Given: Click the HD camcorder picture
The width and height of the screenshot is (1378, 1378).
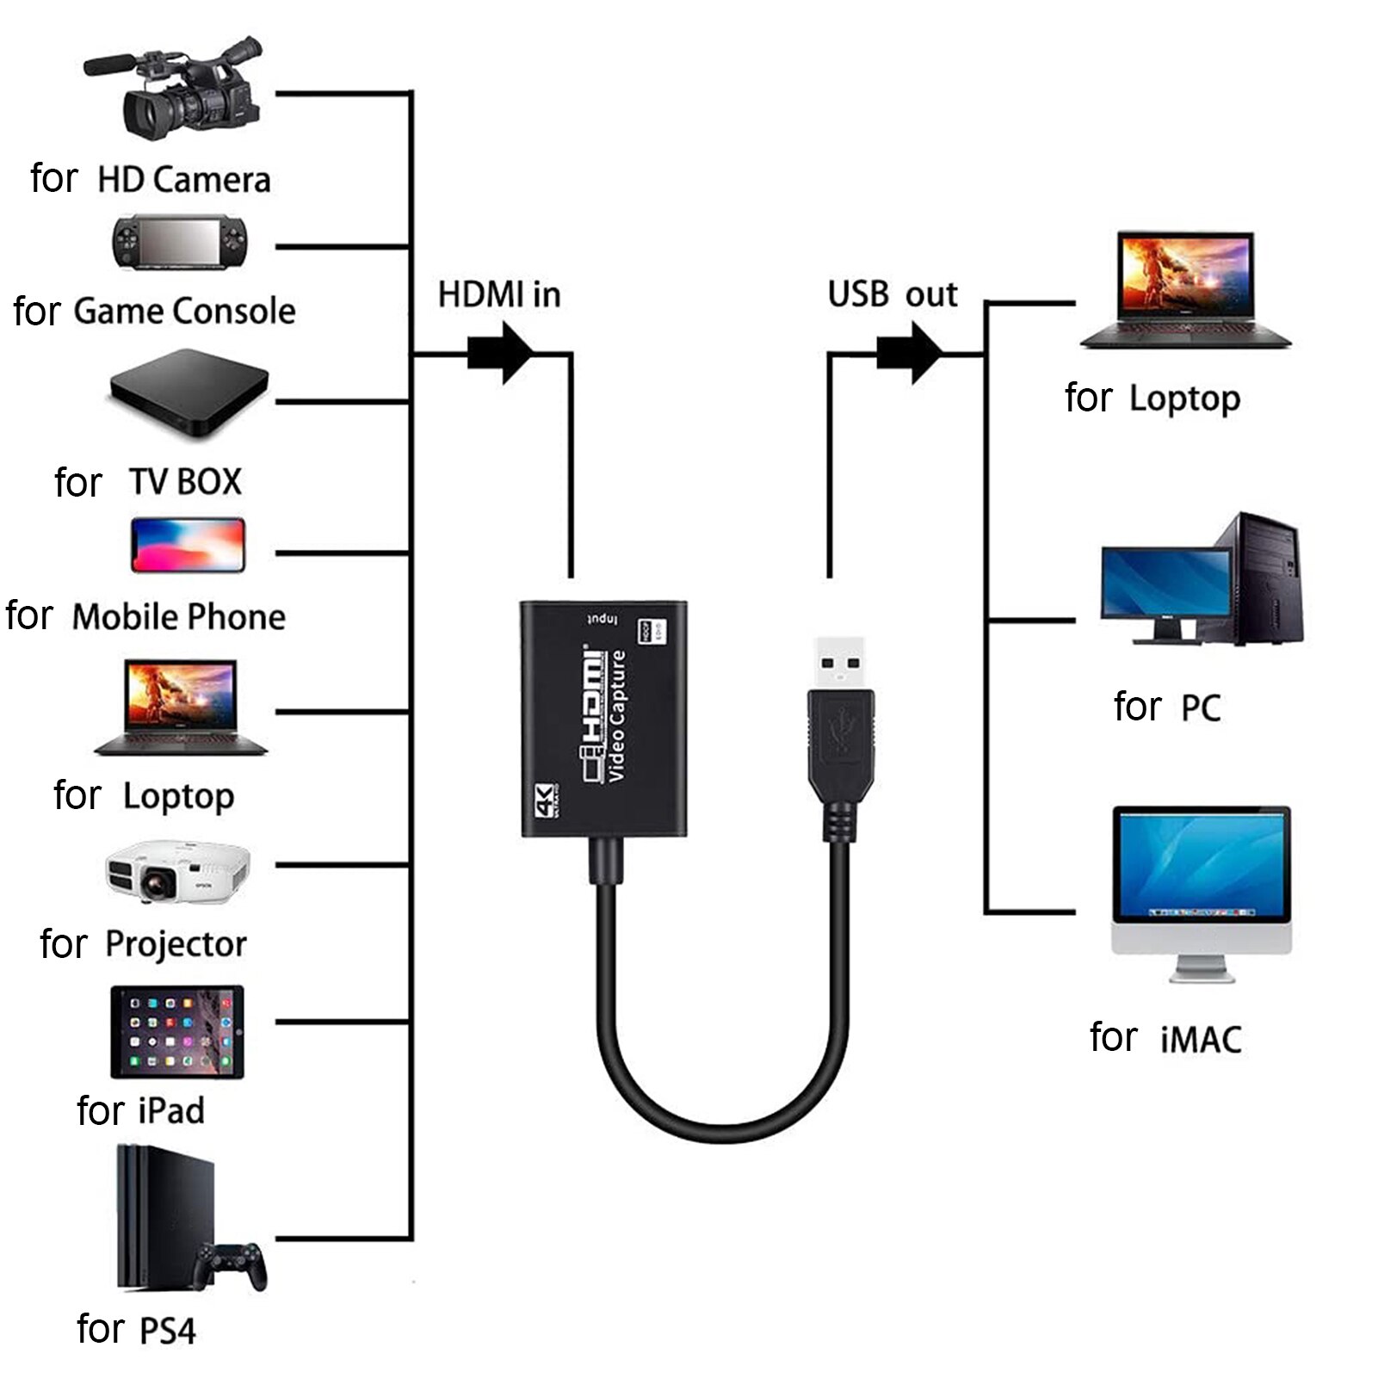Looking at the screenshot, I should pyautogui.click(x=176, y=90).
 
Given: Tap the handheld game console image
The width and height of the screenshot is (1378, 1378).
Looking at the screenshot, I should pyautogui.click(x=179, y=243).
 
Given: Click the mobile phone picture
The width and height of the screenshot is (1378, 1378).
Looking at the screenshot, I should pyautogui.click(x=188, y=545).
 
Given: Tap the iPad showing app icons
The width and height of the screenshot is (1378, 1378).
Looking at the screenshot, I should pyautogui.click(x=177, y=1032).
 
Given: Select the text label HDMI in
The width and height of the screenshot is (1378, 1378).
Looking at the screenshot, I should pyautogui.click(x=499, y=295).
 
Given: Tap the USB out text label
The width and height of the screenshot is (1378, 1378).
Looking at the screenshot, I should pyautogui.click(x=892, y=295).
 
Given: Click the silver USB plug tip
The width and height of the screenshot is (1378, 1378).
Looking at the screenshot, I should pyautogui.click(x=840, y=663).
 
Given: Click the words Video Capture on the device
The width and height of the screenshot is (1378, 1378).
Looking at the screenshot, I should pyautogui.click(x=617, y=716).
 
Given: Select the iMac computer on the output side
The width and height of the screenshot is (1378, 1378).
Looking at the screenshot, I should pyautogui.click(x=1201, y=891).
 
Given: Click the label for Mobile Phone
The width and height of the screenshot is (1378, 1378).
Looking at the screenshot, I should pyautogui.click(x=145, y=617).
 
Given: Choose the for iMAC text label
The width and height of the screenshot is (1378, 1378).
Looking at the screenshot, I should pyautogui.click(x=1165, y=1038).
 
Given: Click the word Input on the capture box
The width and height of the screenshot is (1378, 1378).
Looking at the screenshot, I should pyautogui.click(x=602, y=620).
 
